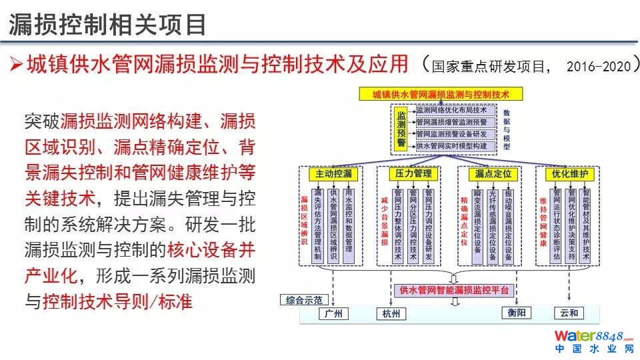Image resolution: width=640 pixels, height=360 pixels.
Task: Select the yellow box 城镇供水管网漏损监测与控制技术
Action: point(441,94)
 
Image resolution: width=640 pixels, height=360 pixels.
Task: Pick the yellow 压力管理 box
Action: point(414,174)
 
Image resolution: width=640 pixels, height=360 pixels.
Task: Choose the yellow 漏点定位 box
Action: point(493,174)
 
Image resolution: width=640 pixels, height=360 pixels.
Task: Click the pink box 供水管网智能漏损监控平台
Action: point(454,290)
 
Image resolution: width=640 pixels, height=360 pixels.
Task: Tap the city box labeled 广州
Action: point(333,313)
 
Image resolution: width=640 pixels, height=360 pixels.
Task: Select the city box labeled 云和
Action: point(569,312)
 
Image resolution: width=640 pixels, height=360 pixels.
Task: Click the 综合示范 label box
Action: point(305,299)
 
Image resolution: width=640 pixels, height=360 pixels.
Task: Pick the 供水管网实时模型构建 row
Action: point(455,145)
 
